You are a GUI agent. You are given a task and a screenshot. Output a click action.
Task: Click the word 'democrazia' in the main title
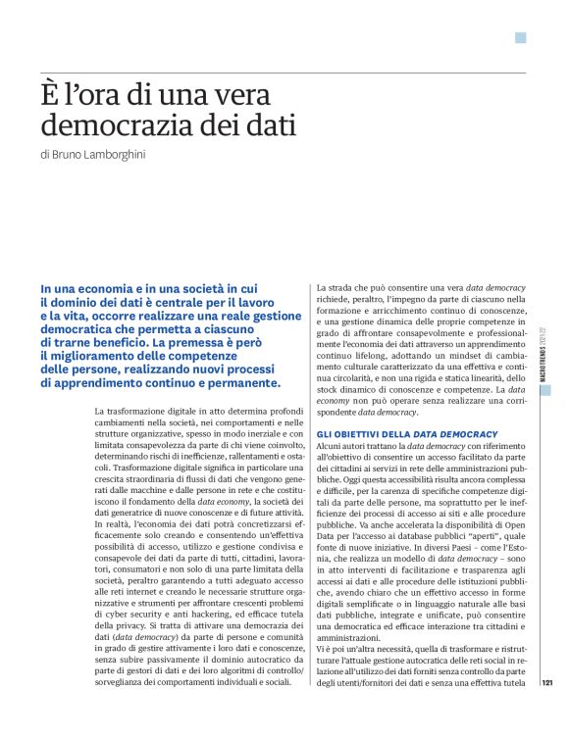[x=119, y=127]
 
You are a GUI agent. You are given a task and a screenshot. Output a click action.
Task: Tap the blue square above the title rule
[x=521, y=38]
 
